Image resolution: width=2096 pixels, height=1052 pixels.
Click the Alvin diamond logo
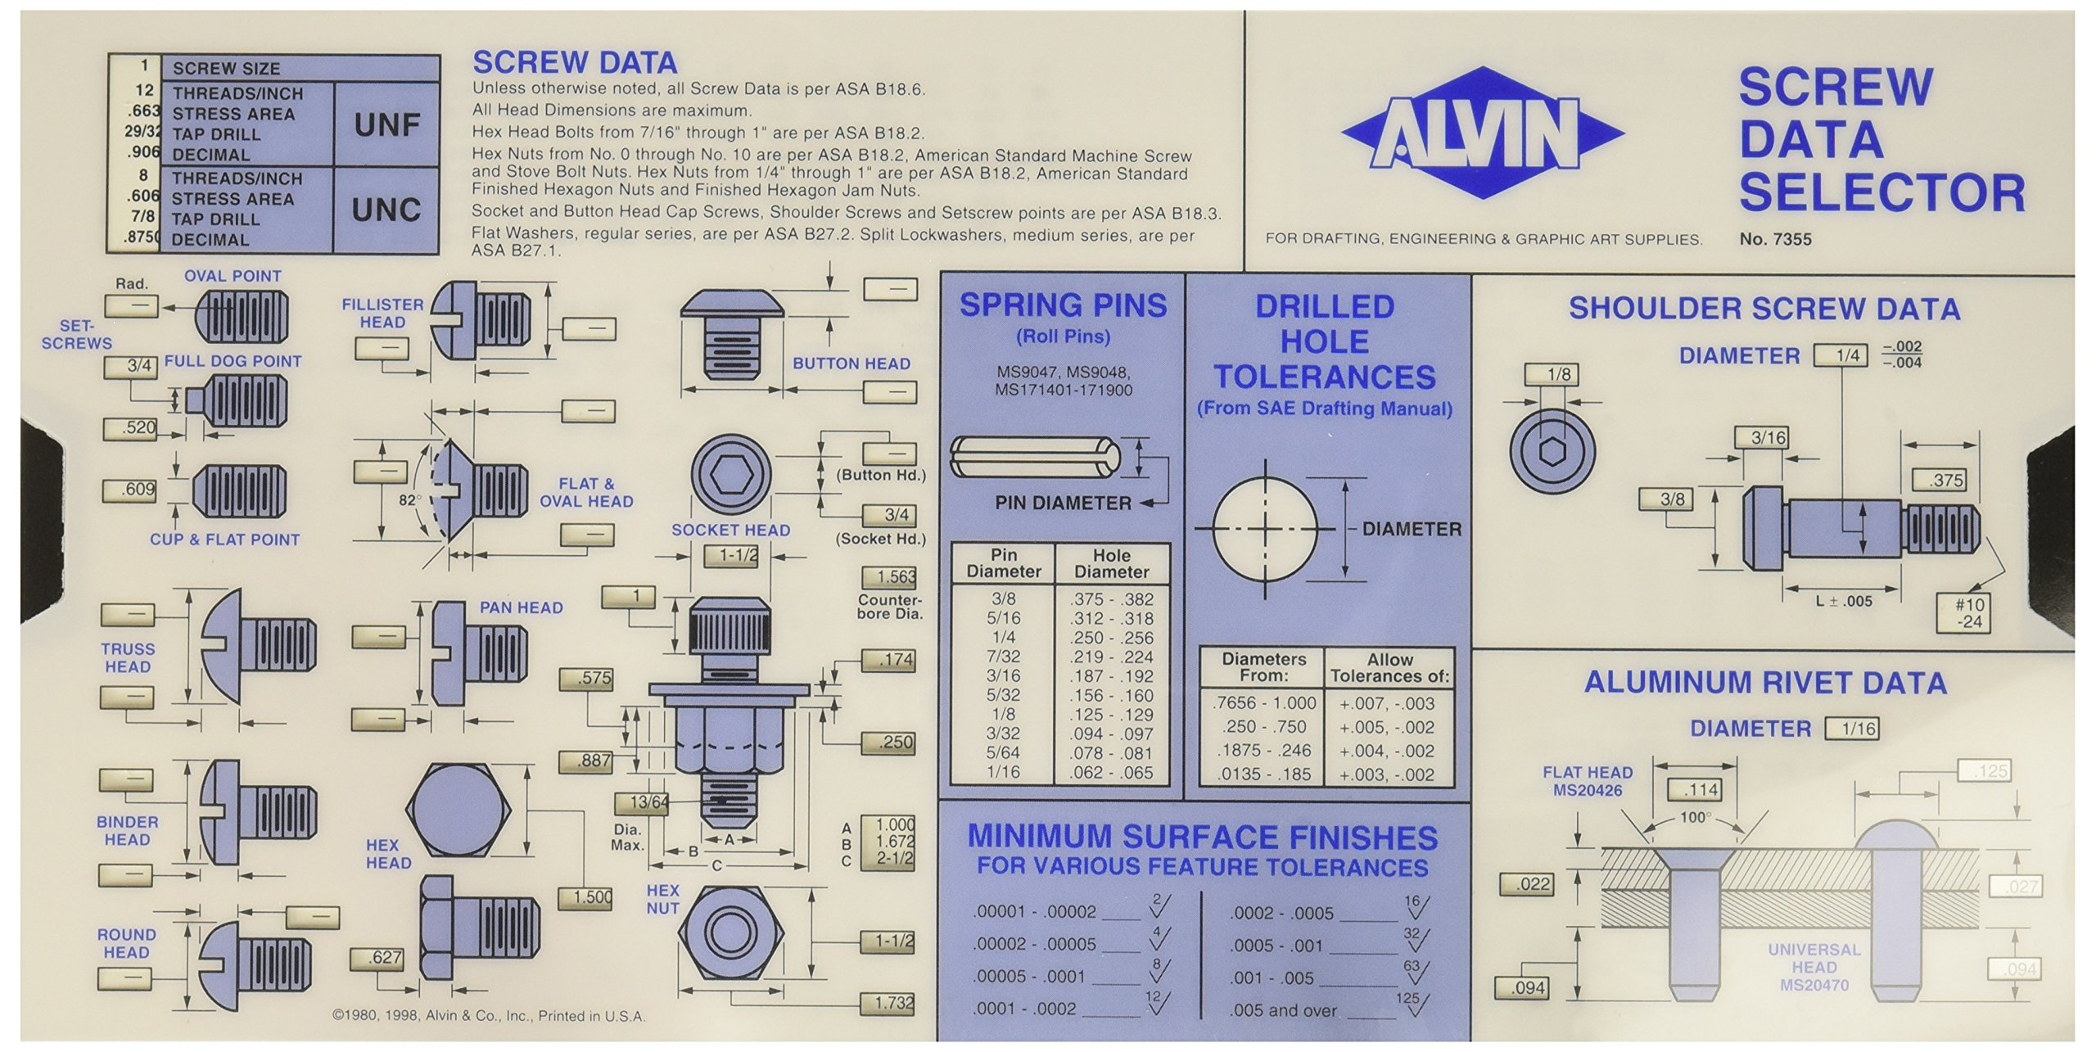tap(1483, 133)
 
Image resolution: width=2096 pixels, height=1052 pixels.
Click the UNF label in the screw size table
tap(386, 125)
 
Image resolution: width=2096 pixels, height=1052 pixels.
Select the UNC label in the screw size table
tap(386, 210)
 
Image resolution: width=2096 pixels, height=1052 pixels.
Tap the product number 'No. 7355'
tap(1775, 239)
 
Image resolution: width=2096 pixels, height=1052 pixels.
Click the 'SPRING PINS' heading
tap(1063, 305)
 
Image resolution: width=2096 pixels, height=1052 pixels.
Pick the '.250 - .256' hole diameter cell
tap(1111, 638)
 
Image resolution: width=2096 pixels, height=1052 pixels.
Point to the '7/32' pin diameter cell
tap(1003, 657)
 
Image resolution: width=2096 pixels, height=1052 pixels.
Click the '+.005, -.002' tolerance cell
tap(1386, 727)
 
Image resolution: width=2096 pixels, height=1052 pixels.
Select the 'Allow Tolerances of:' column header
tap(1389, 668)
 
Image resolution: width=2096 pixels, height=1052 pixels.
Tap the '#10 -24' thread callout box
tap(1968, 613)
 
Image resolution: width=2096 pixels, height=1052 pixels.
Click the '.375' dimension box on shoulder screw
tap(1946, 481)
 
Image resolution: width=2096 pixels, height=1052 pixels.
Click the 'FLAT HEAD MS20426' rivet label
tap(1587, 781)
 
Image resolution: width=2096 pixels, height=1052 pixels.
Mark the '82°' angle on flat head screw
tap(410, 499)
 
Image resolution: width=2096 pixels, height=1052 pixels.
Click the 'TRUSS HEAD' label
tap(128, 657)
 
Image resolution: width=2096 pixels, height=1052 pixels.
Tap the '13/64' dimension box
tap(648, 802)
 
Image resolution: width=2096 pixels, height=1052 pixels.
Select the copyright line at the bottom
tap(489, 1016)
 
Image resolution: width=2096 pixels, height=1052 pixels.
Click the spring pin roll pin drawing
tap(1034, 458)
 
